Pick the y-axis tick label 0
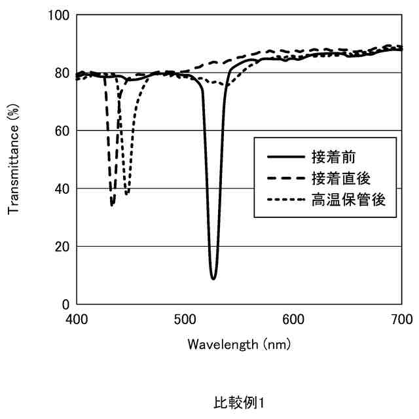click(x=66, y=304)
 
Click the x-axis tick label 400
click(x=77, y=319)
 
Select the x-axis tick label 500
click(x=185, y=319)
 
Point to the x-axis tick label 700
click(x=401, y=319)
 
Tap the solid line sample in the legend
click(x=285, y=157)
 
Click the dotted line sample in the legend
click(x=285, y=199)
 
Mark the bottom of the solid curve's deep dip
click(x=213, y=279)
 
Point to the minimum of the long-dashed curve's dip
click(x=112, y=205)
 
